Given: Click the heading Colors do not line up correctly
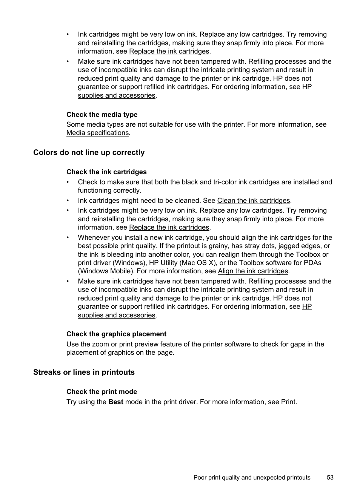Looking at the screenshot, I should coord(89,153).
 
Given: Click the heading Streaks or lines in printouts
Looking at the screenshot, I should coord(84,372).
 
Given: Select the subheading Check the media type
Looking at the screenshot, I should coord(102,115).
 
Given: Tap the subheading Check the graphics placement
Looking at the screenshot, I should coord(116,334).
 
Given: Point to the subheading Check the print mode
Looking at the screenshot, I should coord(102,392).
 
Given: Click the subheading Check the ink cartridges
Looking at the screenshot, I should coord(106,172).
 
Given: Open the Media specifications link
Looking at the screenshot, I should coord(97,133).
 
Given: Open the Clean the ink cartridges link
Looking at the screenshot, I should coord(253,201).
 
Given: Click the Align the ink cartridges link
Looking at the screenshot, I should coord(253,271).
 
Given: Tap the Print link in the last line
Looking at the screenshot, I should coord(288,402).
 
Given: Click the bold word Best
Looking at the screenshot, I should coord(116,402).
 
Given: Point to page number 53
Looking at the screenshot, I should coord(330,478).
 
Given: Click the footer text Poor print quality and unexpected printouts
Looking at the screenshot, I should coord(252,478).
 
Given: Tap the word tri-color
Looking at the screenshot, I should coord(225,182).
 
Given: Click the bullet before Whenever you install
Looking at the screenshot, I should coord(68,238).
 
